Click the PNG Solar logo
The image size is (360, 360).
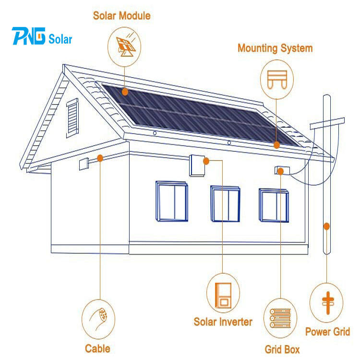pyautogui.click(x=43, y=37)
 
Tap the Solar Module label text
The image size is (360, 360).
pyautogui.click(x=121, y=16)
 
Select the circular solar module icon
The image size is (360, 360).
pyautogui.click(x=126, y=46)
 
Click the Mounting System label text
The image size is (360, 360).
pyautogui.click(x=275, y=48)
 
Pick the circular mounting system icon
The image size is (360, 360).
pyautogui.click(x=276, y=79)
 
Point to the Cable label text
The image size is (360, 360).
pyautogui.click(x=97, y=348)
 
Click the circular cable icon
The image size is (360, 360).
pyautogui.click(x=98, y=318)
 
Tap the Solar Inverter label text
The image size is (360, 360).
pyautogui.click(x=223, y=321)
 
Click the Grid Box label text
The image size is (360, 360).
pyautogui.click(x=282, y=349)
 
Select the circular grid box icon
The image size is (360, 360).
pyautogui.click(x=281, y=318)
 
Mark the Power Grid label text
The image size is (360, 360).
pyautogui.click(x=327, y=331)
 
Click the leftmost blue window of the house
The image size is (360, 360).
pyautogui.click(x=171, y=201)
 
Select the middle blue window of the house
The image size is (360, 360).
pyautogui.click(x=225, y=204)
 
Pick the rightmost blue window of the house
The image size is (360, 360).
pyautogui.click(x=274, y=205)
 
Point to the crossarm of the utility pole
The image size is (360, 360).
pyautogui.click(x=327, y=123)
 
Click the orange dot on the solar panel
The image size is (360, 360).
pyautogui.click(x=125, y=90)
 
